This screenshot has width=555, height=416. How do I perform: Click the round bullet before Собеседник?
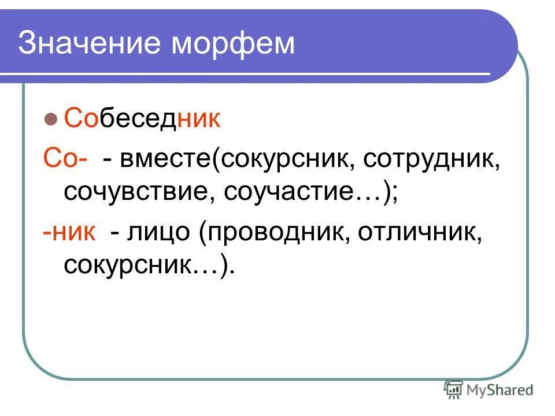click(x=50, y=121)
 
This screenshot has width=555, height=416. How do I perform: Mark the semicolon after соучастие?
click(x=394, y=193)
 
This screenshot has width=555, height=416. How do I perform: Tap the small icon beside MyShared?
click(x=453, y=389)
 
